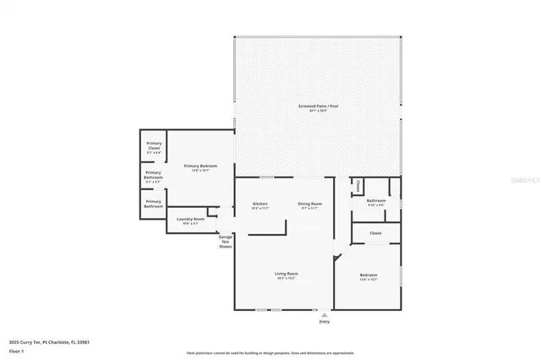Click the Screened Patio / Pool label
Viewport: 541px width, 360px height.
[317, 106]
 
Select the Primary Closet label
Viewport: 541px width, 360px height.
[154, 147]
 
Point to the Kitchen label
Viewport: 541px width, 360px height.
[260, 205]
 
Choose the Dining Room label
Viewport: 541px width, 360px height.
[309, 205]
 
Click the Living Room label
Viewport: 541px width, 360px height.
[286, 275]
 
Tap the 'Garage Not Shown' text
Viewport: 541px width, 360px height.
[226, 242]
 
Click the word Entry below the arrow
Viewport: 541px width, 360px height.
[324, 322]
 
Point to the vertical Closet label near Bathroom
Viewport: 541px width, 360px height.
[358, 186]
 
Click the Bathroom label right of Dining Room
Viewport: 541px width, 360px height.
[376, 201]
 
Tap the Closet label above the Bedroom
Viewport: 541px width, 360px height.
[375, 232]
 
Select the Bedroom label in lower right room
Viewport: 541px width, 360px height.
[369, 275]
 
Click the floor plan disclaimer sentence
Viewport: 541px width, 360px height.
[270, 352]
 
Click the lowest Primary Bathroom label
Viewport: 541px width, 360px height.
[153, 204]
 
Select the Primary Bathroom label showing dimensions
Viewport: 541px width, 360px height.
[153, 177]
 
